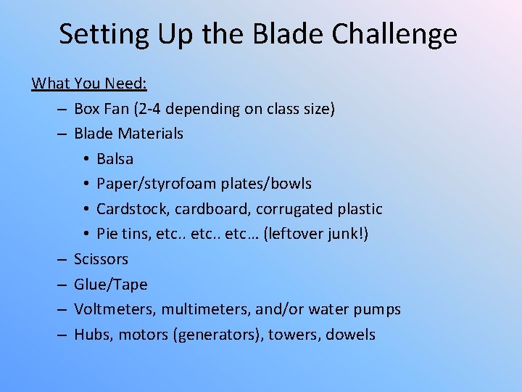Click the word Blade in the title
click(283, 34)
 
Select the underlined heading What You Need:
click(89, 83)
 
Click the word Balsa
click(115, 159)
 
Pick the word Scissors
click(101, 259)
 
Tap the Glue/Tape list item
click(110, 285)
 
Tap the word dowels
click(350, 335)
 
